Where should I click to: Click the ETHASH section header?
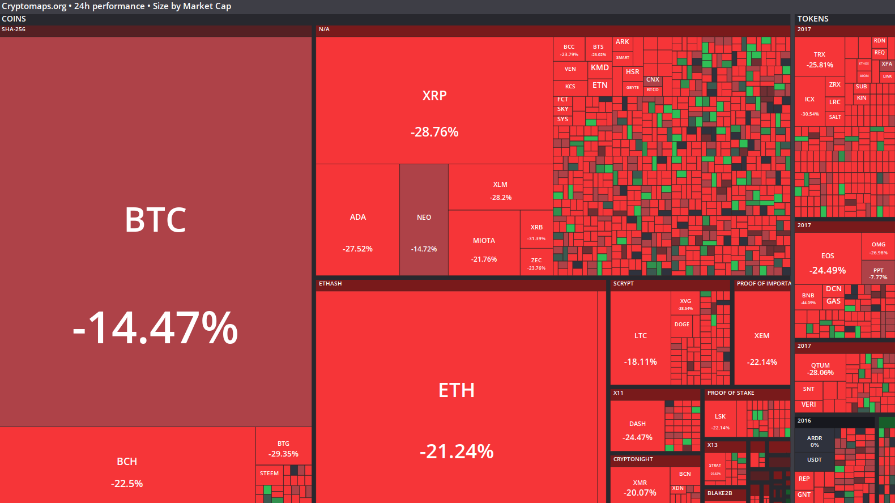point(330,284)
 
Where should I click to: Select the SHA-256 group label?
point(14,29)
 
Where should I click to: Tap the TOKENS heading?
point(813,19)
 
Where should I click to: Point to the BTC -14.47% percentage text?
point(155,328)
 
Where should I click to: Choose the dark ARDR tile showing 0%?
point(815,440)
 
